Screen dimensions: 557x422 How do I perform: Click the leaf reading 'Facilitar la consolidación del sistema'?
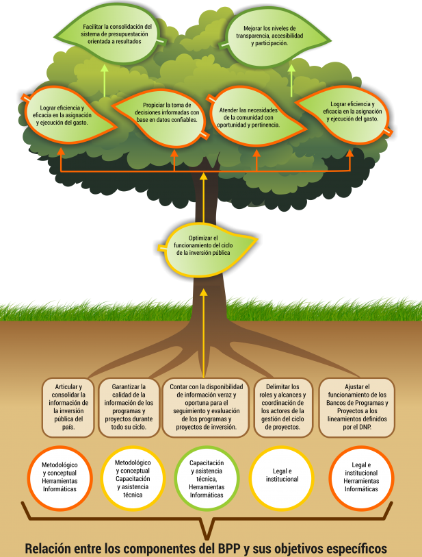[111, 33]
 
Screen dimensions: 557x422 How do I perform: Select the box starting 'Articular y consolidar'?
[68, 407]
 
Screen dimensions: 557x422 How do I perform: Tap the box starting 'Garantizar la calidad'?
[129, 407]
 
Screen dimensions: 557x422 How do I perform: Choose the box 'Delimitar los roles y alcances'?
[285, 407]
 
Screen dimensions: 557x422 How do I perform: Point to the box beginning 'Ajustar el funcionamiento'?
[357, 407]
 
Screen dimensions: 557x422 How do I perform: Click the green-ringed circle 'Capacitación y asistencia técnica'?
[207, 479]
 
